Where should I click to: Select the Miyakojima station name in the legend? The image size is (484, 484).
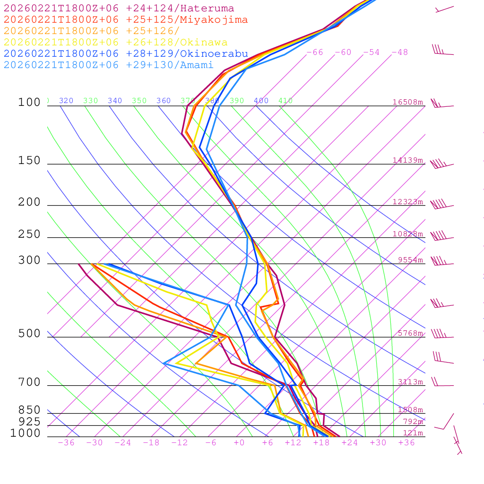click(x=215, y=20)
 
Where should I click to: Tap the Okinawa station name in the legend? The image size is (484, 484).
click(x=204, y=43)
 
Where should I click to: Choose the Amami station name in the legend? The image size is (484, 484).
click(x=197, y=65)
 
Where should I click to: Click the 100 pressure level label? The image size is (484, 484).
click(x=29, y=102)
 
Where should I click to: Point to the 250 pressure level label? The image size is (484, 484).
click(x=29, y=234)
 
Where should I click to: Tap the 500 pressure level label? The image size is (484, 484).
click(x=29, y=334)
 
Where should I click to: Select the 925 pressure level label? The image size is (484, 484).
click(x=29, y=422)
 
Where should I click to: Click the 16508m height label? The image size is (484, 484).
click(x=407, y=102)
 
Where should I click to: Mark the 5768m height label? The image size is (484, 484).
click(x=410, y=333)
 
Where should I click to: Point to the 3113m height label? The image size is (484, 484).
click(x=410, y=382)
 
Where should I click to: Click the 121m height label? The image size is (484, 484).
click(x=413, y=433)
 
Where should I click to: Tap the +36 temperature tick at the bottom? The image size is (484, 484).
click(x=406, y=443)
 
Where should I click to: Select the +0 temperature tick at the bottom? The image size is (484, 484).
click(x=239, y=443)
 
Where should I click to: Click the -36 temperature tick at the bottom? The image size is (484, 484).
click(x=66, y=443)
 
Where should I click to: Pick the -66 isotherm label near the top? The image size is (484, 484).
click(x=315, y=52)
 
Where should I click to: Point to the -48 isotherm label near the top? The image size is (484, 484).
click(x=400, y=52)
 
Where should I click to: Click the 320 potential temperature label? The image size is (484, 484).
click(x=66, y=101)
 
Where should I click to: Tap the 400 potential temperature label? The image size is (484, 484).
click(x=261, y=101)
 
